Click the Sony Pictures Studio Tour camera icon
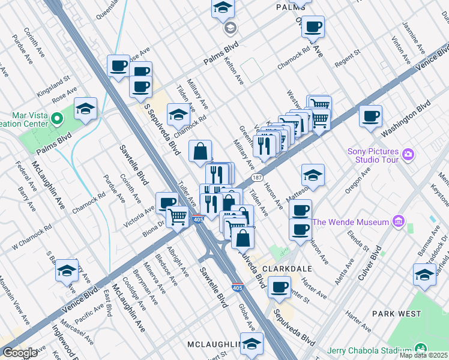(x=409, y=155)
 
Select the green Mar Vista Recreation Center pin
(x=58, y=118)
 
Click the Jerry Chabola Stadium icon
(x=421, y=349)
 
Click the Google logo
(x=20, y=353)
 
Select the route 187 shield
(x=257, y=178)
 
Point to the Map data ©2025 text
(x=424, y=355)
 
